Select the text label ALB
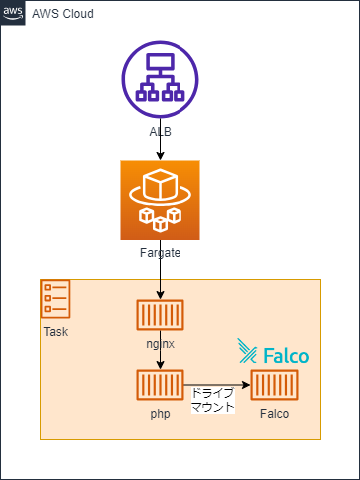pyautogui.click(x=161, y=132)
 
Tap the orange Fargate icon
pyautogui.click(x=161, y=200)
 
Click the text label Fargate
pyautogui.click(x=161, y=253)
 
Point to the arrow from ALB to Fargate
pyautogui.click(x=161, y=148)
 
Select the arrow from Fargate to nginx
pyautogui.click(x=161, y=280)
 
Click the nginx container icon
pyautogui.click(x=161, y=315)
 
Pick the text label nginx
pyautogui.click(x=161, y=343)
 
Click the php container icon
pyautogui.click(x=161, y=384)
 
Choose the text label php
pyautogui.click(x=161, y=412)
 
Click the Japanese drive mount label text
pyautogui.click(x=212, y=400)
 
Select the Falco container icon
pyautogui.click(x=276, y=384)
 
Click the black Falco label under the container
pyautogui.click(x=276, y=412)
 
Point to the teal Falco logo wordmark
pyautogui.click(x=274, y=352)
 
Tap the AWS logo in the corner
pyautogui.click(x=13, y=13)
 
